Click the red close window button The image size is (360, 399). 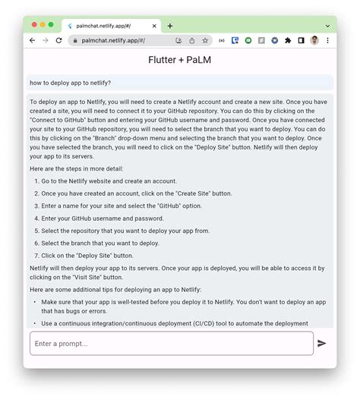pos(34,25)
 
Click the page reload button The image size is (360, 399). pos(59,40)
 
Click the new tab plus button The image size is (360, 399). pos(170,26)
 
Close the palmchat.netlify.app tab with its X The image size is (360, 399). pos(156,26)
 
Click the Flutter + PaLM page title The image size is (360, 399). pos(180,59)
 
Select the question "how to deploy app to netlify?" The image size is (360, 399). pos(71,83)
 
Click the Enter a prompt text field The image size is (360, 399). pos(171,344)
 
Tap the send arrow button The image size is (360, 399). pos(322,344)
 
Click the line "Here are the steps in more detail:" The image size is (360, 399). pos(76,168)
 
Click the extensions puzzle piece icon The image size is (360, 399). pos(288,40)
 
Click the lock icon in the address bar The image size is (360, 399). pos(74,40)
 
